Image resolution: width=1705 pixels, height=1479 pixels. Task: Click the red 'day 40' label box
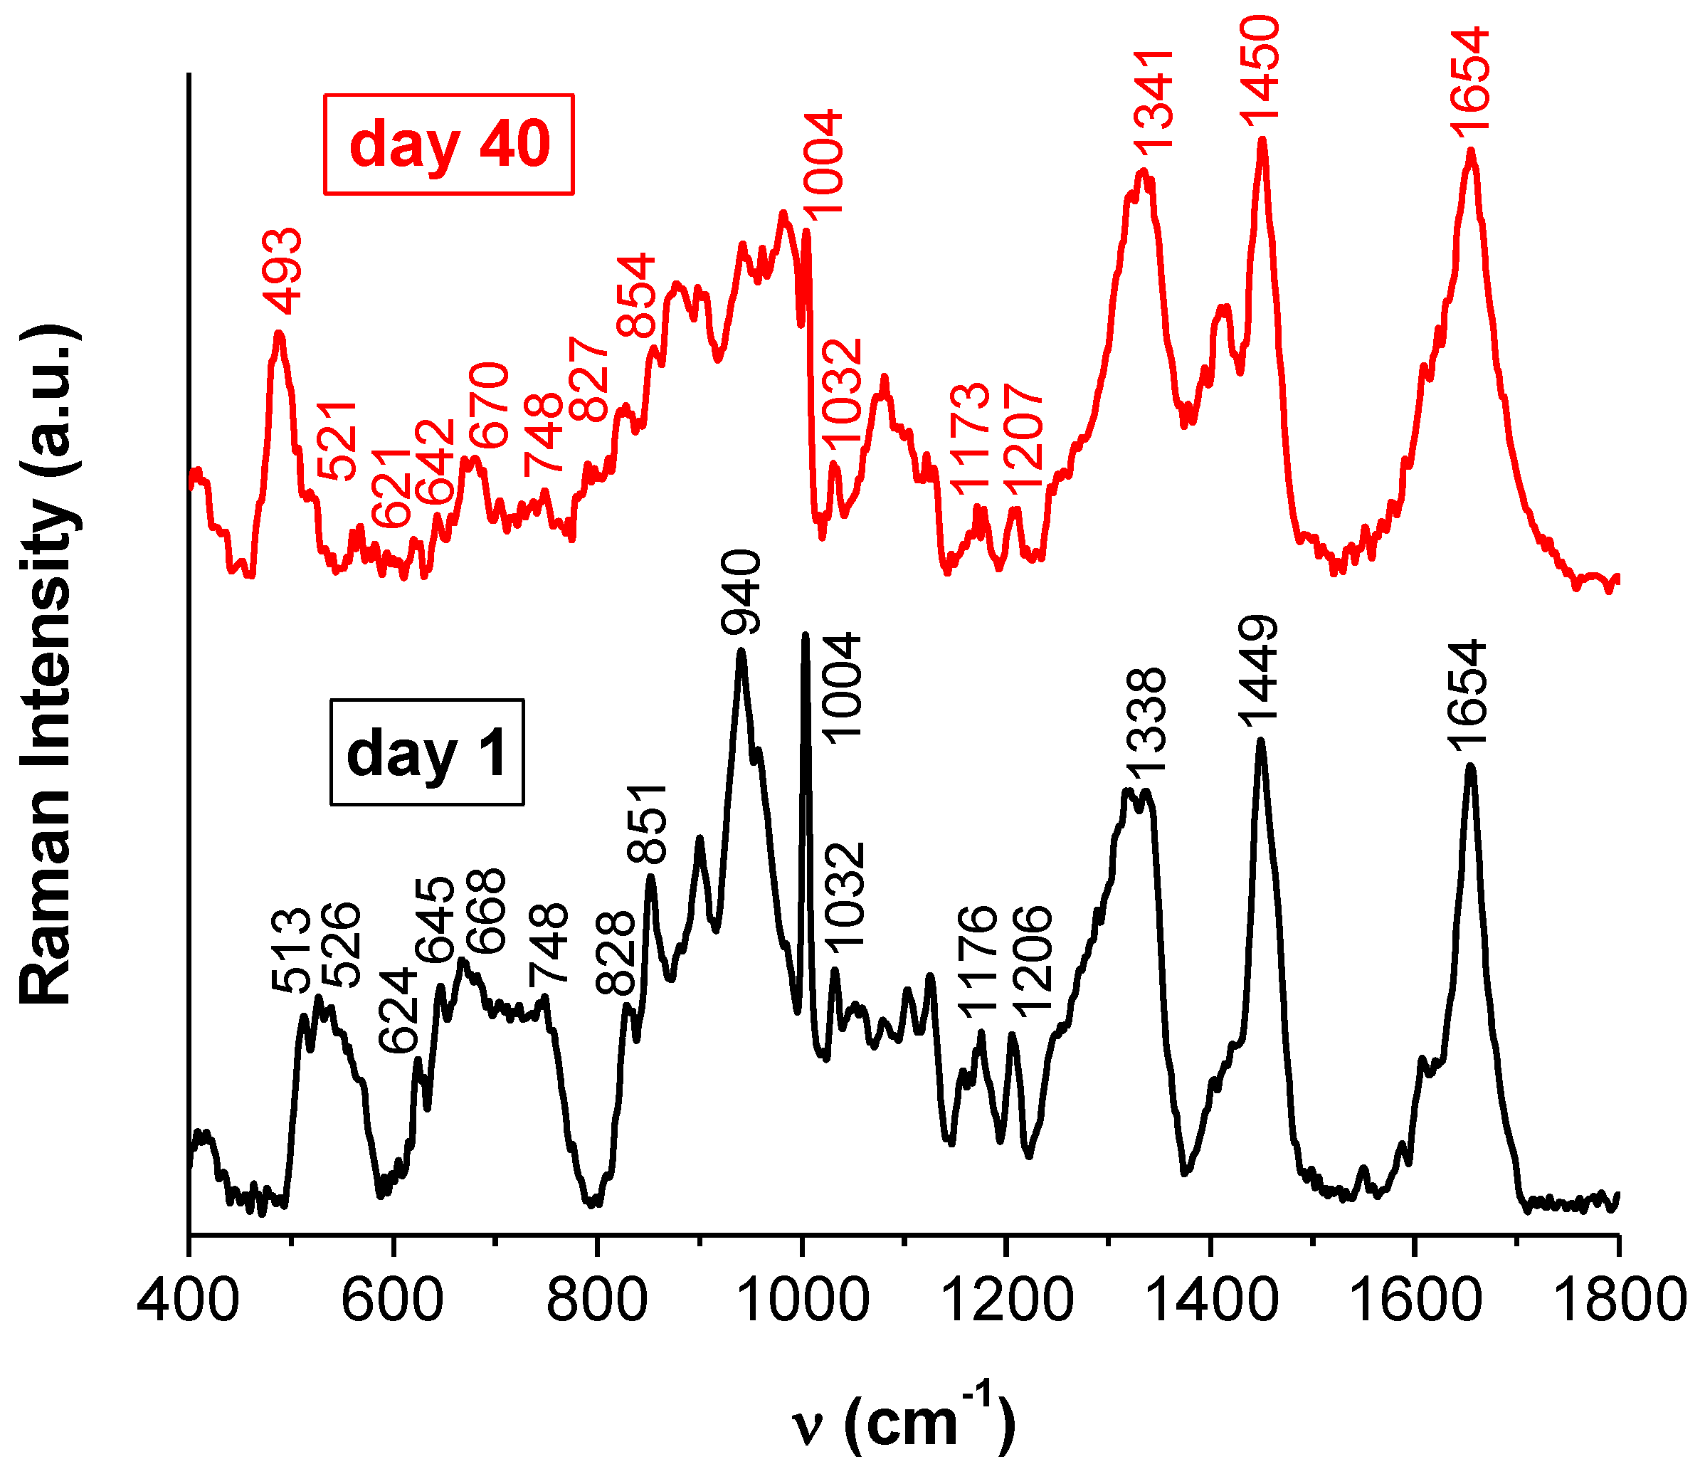point(448,144)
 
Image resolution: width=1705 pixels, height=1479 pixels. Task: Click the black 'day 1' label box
point(427,752)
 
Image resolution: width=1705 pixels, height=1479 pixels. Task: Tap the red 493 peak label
point(283,272)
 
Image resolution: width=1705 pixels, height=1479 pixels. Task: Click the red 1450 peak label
point(1261,71)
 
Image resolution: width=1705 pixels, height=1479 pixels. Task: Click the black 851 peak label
point(647,823)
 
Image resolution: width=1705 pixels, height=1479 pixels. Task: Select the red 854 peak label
point(636,295)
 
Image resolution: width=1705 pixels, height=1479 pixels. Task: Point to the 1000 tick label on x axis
point(801,1298)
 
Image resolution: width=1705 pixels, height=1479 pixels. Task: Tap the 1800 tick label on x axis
point(1617,1298)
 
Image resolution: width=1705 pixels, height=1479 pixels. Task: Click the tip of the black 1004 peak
point(806,635)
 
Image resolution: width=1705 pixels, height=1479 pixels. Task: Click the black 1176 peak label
point(978,957)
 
